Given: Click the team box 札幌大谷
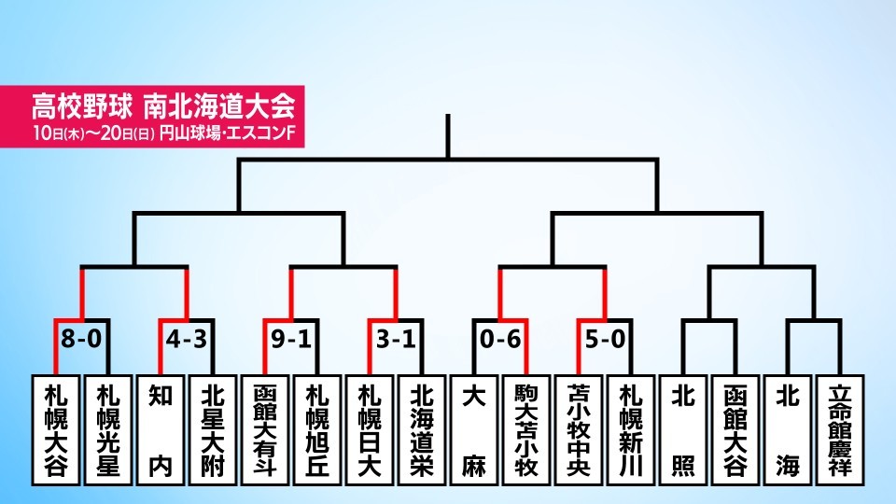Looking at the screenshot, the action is pyautogui.click(x=55, y=429).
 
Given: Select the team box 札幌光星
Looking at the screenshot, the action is pyautogui.click(x=108, y=429).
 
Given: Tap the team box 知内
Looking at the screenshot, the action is pyautogui.click(x=160, y=429).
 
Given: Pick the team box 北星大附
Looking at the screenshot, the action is pyautogui.click(x=213, y=429).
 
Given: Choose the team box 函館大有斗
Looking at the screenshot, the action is pyautogui.click(x=264, y=429).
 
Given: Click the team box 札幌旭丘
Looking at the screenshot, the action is pyautogui.click(x=317, y=429).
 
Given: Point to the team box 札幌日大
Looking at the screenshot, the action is pyautogui.click(x=370, y=429).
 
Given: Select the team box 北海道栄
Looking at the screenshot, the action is pyautogui.click(x=422, y=429).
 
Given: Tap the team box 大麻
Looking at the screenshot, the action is pyautogui.click(x=474, y=429).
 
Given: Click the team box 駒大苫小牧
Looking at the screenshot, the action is pyautogui.click(x=526, y=429).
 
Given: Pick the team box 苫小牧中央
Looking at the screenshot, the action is pyautogui.click(x=579, y=429).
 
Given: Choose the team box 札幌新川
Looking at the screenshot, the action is pyautogui.click(x=631, y=429).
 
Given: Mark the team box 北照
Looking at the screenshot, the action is pyautogui.click(x=683, y=429).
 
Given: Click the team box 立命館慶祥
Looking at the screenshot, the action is pyautogui.click(x=840, y=429).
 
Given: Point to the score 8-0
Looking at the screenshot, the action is pyautogui.click(x=81, y=339).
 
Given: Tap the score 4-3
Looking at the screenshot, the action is pyautogui.click(x=187, y=339).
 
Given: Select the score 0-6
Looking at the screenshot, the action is pyautogui.click(x=500, y=339).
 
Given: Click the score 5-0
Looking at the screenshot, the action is pyautogui.click(x=605, y=339).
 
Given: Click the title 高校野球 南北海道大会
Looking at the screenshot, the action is pyautogui.click(x=163, y=105).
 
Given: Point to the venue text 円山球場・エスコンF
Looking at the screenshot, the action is pyautogui.click(x=227, y=133).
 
